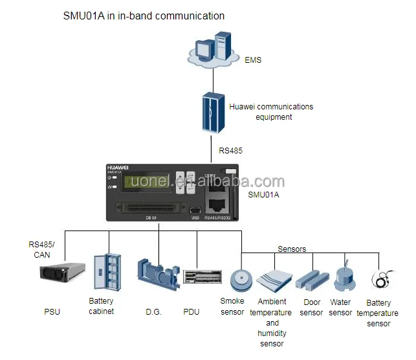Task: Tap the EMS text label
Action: pyautogui.click(x=253, y=60)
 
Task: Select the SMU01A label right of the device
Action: pyautogui.click(x=265, y=194)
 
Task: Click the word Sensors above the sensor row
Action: pyautogui.click(x=292, y=249)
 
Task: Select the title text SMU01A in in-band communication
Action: pyautogui.click(x=144, y=16)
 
